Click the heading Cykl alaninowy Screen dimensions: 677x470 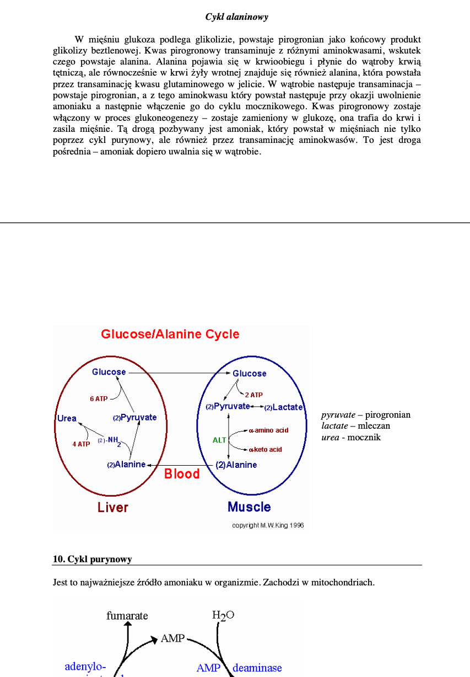pyautogui.click(x=237, y=17)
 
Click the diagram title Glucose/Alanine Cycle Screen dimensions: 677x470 pyautogui.click(x=170, y=334)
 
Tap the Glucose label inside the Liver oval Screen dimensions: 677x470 pyautogui.click(x=109, y=372)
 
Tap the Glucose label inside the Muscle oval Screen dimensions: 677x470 pyautogui.click(x=250, y=374)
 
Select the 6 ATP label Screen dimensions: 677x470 pyautogui.click(x=99, y=398)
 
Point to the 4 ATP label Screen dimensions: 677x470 pyautogui.click(x=80, y=444)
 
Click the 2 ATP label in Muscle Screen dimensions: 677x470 pyautogui.click(x=253, y=395)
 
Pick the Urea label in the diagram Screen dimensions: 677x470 pyautogui.click(x=67, y=418)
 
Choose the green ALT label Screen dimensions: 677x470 pyautogui.click(x=219, y=440)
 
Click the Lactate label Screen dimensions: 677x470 pyautogui.click(x=287, y=407)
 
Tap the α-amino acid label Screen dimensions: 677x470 pyautogui.click(x=269, y=430)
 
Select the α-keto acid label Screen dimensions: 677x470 pyautogui.click(x=266, y=450)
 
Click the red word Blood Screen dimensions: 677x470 pyautogui.click(x=182, y=474)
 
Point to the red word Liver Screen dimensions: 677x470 pyautogui.click(x=113, y=507)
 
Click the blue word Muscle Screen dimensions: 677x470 pyautogui.click(x=249, y=507)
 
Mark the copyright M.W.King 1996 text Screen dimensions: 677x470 pyautogui.click(x=268, y=525)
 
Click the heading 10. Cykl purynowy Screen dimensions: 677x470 pyautogui.click(x=93, y=559)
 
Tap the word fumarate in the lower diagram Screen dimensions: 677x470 pyautogui.click(x=127, y=616)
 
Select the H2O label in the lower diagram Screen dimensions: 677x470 pyautogui.click(x=223, y=615)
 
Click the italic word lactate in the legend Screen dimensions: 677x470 pyautogui.click(x=334, y=426)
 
